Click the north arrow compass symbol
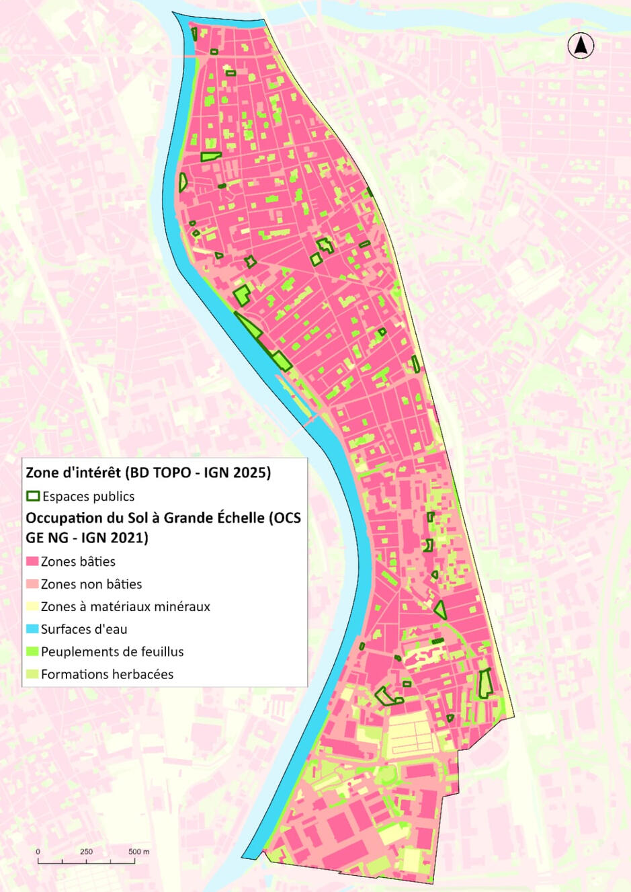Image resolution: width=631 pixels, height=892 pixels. coord(581,46)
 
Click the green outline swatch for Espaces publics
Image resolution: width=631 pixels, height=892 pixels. coord(33,496)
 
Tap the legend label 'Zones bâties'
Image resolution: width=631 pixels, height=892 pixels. coord(78,561)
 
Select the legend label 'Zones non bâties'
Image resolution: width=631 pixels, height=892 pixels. coord(91,584)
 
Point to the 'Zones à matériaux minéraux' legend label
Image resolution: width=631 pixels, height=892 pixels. coord(126,606)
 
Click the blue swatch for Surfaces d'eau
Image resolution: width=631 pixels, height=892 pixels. coord(32,629)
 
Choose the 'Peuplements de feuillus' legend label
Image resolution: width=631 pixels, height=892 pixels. coord(112,651)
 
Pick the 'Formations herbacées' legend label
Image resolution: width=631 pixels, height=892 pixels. coord(107,674)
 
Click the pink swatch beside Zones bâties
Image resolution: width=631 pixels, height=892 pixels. coord(32,561)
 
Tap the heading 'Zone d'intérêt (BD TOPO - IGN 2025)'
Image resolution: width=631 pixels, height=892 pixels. coord(149,473)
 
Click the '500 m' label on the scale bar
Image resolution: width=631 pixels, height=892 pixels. coord(139,852)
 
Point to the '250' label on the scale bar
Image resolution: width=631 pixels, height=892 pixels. coord(87,852)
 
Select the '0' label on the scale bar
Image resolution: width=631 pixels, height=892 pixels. coord(38,852)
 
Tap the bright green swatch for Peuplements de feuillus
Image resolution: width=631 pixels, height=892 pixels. coord(32,651)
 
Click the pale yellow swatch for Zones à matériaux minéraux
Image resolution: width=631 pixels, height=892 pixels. coord(32,606)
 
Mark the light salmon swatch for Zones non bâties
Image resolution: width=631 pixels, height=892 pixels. coord(32,584)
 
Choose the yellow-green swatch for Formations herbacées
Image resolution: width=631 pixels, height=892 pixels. coord(32,674)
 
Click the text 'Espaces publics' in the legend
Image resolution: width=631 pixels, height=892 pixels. coord(88,496)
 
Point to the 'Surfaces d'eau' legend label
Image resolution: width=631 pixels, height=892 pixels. coord(84,629)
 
